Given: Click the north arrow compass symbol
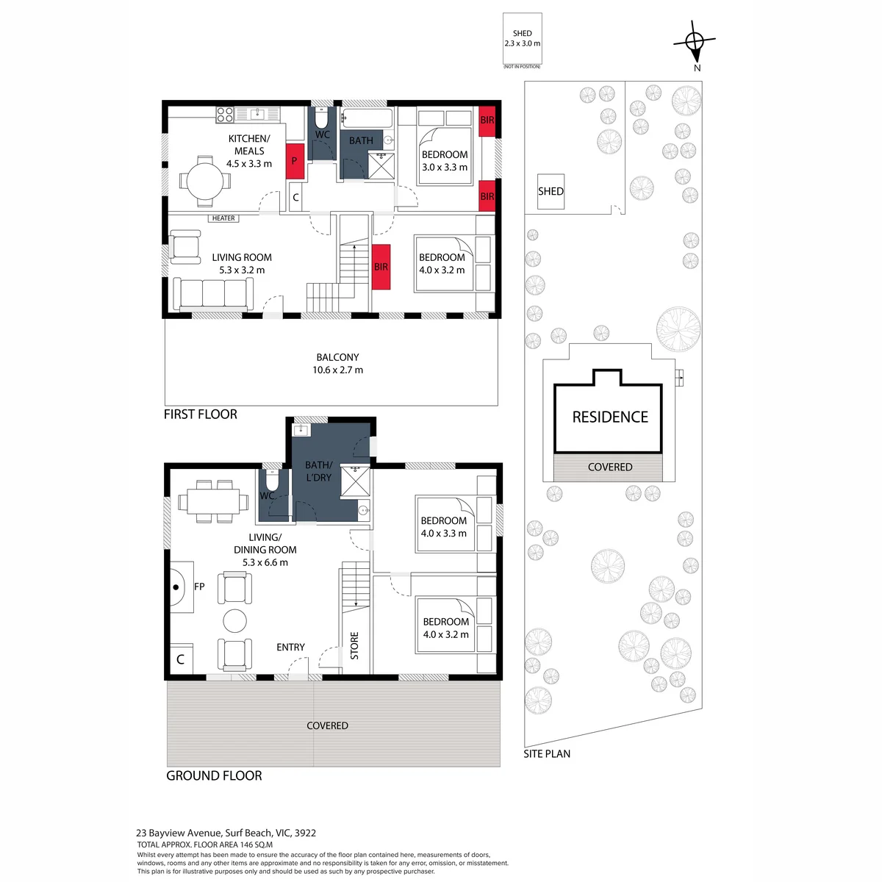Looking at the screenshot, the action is coord(695,42).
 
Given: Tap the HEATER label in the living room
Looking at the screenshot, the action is coord(223,218).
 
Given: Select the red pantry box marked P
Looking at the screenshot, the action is coord(295,161).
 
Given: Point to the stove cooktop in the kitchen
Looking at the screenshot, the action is coord(225,115).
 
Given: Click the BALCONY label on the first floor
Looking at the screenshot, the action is coord(338,357).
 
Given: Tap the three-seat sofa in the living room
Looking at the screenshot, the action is coord(213,294).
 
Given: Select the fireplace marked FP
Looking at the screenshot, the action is coord(182,587).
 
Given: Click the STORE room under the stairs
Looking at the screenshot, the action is coord(355,645).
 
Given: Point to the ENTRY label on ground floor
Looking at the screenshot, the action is coord(290,648).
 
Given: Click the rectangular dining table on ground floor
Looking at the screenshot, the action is coord(213,502).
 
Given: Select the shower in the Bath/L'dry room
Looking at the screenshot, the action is coord(355,481).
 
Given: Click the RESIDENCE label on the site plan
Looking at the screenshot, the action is coord(610,417).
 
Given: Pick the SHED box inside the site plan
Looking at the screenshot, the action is coord(551,191).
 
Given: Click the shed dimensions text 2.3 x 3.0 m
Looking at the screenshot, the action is coord(523,43).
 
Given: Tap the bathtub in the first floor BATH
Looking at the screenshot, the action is coord(367,118).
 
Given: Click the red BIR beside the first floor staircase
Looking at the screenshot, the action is coord(381,267).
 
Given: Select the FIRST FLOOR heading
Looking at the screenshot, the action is coord(201,415).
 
